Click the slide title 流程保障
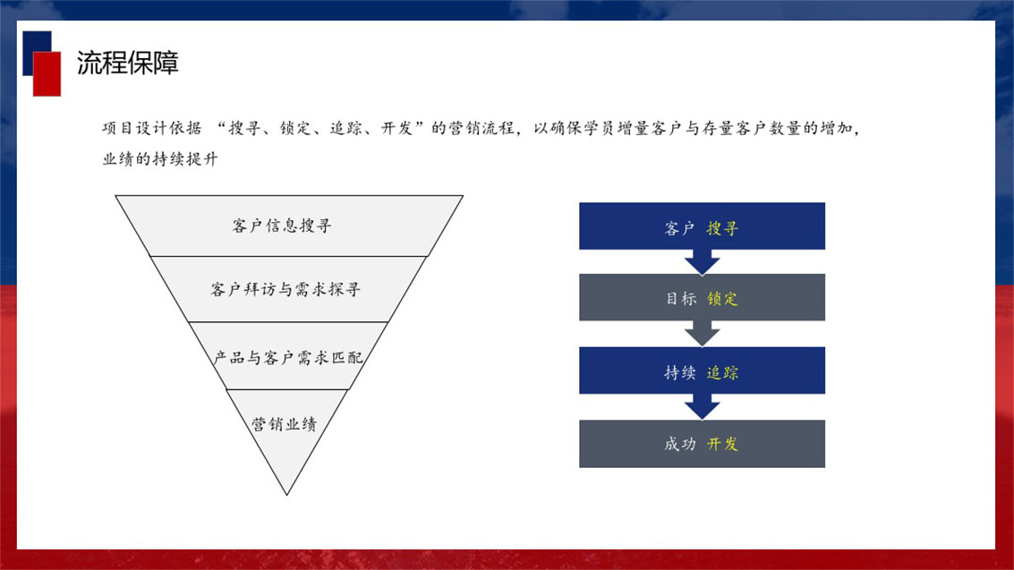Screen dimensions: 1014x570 tap(127, 63)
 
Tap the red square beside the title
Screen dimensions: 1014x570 tap(47, 73)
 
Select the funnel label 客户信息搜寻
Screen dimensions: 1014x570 tap(281, 225)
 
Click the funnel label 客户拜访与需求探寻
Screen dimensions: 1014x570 tap(285, 289)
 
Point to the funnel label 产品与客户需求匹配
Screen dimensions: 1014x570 tap(288, 357)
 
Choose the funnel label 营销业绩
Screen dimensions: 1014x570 tap(285, 424)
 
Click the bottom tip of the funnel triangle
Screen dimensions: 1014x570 tap(287, 495)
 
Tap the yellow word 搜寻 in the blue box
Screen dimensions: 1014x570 tap(721, 228)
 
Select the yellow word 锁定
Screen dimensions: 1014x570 tap(721, 299)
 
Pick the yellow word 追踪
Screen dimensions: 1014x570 tap(721, 372)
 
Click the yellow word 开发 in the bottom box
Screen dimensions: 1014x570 tap(721, 444)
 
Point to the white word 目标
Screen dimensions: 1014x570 tap(681, 299)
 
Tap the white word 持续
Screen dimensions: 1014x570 tap(680, 372)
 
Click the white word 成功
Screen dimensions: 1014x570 tap(680, 444)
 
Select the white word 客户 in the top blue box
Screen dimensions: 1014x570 tap(680, 228)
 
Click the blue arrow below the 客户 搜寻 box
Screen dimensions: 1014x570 tap(702, 261)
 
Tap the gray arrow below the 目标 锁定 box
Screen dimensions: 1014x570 tap(702, 334)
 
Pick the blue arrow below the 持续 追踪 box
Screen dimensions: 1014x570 tap(702, 407)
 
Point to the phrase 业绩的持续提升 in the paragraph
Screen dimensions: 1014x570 tap(160, 159)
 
